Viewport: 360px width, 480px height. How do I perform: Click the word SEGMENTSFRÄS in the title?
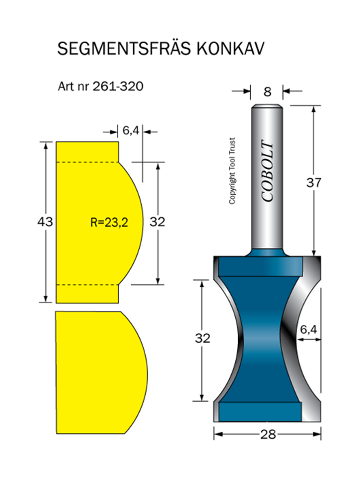[124, 48]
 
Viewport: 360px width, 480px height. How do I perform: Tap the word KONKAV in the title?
[230, 49]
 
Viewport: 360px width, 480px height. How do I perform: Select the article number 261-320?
[118, 86]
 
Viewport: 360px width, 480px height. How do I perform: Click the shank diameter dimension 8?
[267, 91]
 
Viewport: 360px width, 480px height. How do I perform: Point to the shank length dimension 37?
[314, 182]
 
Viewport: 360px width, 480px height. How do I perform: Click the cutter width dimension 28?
[268, 435]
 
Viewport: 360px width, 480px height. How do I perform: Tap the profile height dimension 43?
[45, 222]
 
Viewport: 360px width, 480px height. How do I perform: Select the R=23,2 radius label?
[109, 222]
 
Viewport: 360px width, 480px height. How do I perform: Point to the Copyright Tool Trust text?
[232, 171]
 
